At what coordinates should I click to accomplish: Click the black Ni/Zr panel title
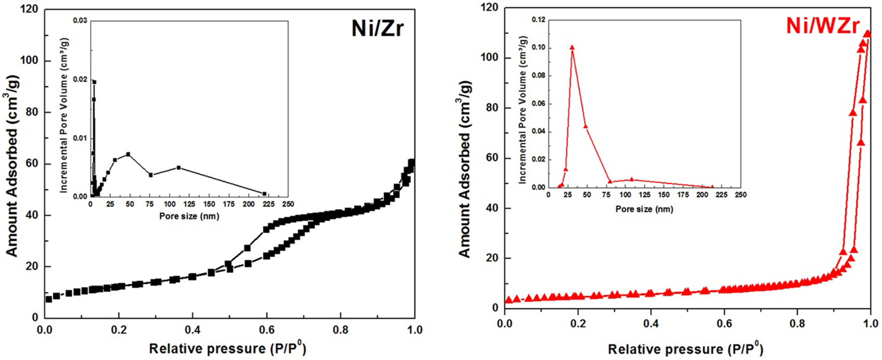pyautogui.click(x=377, y=28)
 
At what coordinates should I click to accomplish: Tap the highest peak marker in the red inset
pyautogui.click(x=572, y=48)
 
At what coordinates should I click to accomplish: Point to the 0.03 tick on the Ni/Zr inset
pyautogui.click(x=80, y=20)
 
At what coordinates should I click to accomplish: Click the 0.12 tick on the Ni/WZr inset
pyautogui.click(x=538, y=20)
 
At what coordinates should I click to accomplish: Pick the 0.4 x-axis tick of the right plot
pyautogui.click(x=651, y=323)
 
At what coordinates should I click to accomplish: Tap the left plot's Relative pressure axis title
pyautogui.click(x=227, y=348)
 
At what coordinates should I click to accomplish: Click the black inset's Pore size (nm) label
pyautogui.click(x=189, y=216)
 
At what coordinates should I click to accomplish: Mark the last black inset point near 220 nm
pyautogui.click(x=264, y=194)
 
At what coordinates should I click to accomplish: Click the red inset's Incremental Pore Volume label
pyautogui.click(x=523, y=110)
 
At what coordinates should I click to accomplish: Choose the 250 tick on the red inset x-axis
pyautogui.click(x=740, y=195)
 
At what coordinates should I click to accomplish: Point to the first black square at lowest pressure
pyautogui.click(x=48, y=299)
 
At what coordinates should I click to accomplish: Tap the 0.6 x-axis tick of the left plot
pyautogui.click(x=266, y=330)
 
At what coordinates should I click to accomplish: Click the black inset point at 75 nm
pyautogui.click(x=151, y=175)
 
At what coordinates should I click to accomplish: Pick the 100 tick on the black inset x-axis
pyautogui.click(x=169, y=204)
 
